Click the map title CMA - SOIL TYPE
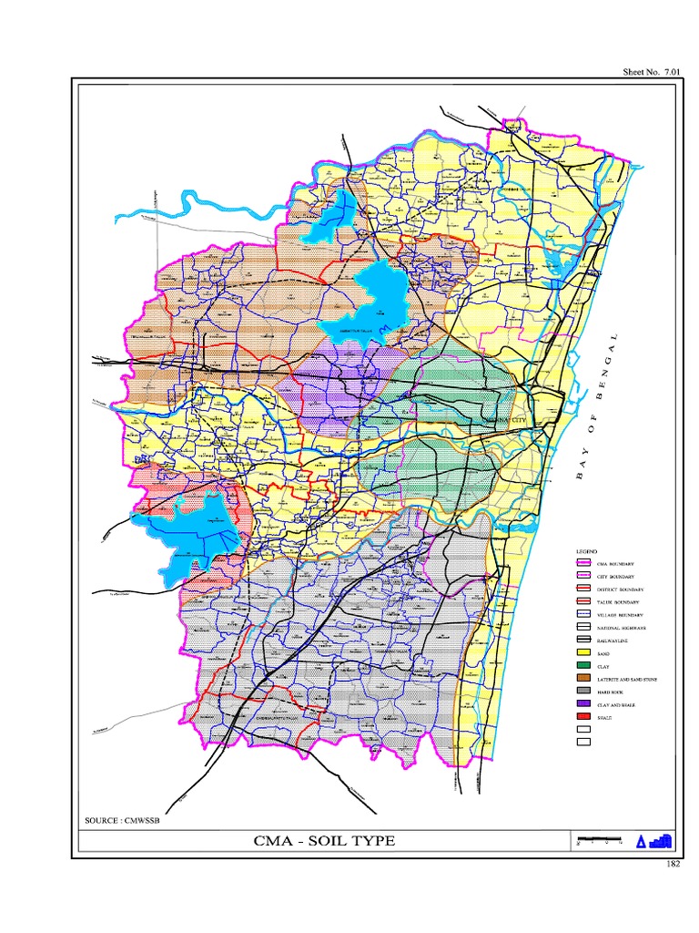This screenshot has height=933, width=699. [324, 840]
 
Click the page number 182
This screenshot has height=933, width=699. [673, 864]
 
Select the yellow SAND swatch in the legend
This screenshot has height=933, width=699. [582, 653]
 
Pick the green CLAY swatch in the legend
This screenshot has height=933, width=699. [582, 666]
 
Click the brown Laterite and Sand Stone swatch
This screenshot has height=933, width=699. [582, 679]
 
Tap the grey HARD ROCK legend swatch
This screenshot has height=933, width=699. [582, 692]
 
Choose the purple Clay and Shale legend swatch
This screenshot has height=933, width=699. [582, 704]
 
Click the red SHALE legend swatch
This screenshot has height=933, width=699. [582, 717]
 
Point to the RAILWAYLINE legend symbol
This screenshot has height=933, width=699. [582, 641]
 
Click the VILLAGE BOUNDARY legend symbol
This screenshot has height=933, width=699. [582, 615]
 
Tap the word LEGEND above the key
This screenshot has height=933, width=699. [585, 552]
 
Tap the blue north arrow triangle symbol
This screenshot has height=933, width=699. [641, 842]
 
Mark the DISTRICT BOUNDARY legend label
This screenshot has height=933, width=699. [620, 590]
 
